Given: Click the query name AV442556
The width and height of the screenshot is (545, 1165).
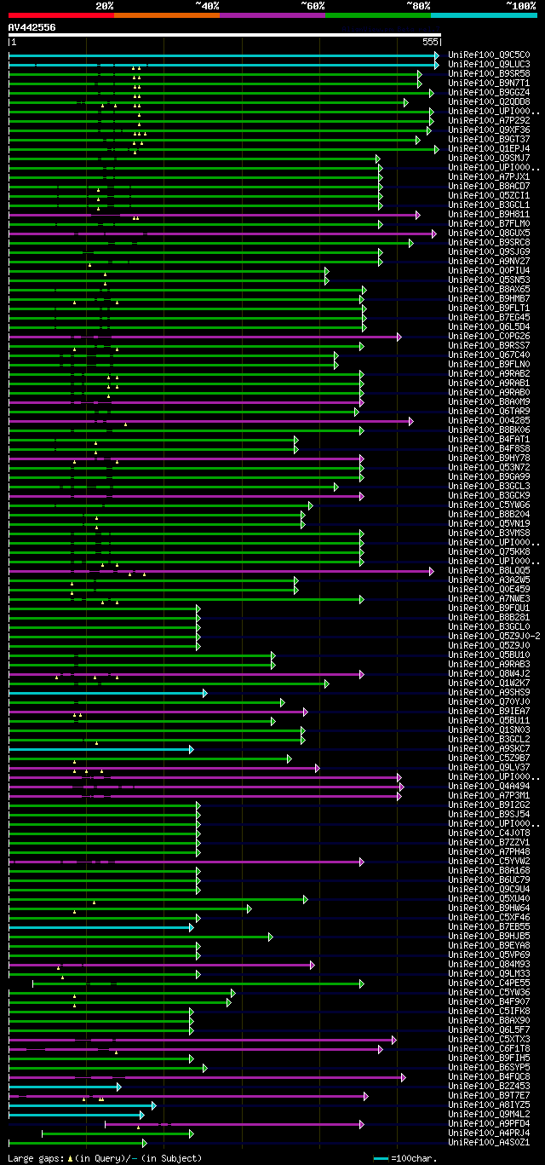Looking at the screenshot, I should [x=32, y=27].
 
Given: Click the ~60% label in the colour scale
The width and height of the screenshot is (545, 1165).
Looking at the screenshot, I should [x=313, y=6].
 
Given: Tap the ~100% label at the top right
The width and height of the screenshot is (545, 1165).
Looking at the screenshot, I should [x=520, y=6].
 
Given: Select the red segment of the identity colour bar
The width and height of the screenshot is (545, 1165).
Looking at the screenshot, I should [x=60, y=15].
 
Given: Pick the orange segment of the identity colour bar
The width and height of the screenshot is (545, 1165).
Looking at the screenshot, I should [x=166, y=15].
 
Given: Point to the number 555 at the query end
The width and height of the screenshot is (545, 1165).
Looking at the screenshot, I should [x=430, y=41].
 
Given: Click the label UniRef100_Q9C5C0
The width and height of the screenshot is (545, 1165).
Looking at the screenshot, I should [x=477, y=55].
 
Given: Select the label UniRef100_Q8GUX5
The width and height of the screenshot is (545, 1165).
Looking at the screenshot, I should [x=477, y=233].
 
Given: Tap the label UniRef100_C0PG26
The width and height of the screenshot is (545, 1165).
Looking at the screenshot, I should [x=477, y=336].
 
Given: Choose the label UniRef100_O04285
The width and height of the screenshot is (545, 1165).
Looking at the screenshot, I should [x=477, y=420].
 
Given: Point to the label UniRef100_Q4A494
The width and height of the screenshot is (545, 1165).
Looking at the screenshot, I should [x=477, y=786].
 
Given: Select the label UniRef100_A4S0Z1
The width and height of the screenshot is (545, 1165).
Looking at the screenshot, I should [x=477, y=1142].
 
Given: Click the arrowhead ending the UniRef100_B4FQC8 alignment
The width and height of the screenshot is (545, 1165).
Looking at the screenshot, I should [x=403, y=1077].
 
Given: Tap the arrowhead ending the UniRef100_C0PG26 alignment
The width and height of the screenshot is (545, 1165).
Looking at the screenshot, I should [x=398, y=337].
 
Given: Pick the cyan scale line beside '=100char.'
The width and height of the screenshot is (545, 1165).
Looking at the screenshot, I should [x=381, y=1158].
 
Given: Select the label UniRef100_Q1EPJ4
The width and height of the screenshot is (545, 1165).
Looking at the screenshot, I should [x=477, y=148].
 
